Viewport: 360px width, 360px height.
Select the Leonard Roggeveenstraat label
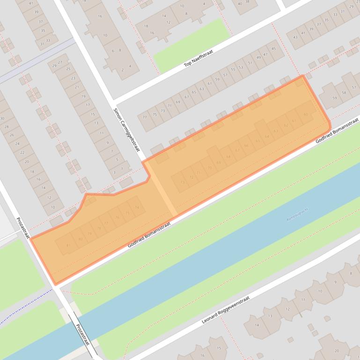coord(226,310)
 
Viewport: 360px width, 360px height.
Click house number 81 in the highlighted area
coord(68,245)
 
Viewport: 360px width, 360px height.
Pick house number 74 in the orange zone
coord(137,207)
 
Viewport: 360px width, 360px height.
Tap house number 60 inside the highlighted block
coord(305,114)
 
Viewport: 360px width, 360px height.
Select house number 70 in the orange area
coord(209,167)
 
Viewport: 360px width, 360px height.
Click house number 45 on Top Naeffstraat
coord(274,49)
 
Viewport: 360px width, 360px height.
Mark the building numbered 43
coord(295,37)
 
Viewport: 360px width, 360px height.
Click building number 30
coord(2,118)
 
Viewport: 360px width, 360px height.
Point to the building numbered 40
coord(240,4)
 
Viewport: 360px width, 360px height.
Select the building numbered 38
coord(248,1)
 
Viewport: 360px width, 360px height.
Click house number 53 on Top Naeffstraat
coord(241,67)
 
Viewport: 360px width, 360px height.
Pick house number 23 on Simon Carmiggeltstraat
coord(73,78)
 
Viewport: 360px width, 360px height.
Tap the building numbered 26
coord(12,135)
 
